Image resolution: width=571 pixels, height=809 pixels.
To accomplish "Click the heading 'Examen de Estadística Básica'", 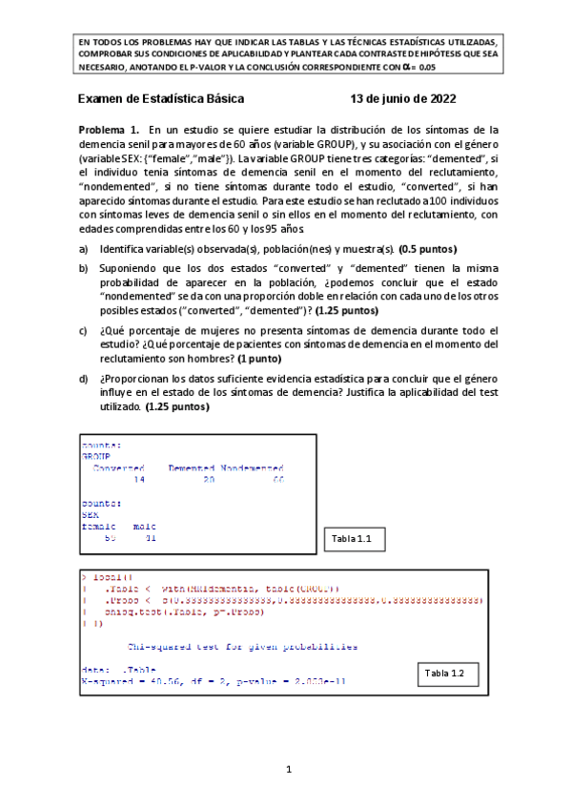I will [x=160, y=99].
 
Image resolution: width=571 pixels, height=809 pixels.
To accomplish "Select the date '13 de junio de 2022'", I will [x=403, y=99].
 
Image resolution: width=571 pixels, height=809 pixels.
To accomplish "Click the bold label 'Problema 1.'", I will [x=109, y=129].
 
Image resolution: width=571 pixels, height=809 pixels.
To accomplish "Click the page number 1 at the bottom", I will [x=285, y=768].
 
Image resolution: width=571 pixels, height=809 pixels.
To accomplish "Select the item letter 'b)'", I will [x=83, y=270].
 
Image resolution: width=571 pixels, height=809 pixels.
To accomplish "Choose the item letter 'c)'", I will [x=83, y=330].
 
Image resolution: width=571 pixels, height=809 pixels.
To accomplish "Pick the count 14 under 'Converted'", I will [x=139, y=480].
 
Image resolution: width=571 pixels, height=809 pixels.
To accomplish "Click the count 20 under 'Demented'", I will [x=209, y=480].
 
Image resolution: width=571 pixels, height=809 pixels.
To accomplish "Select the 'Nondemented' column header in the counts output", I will [x=252, y=467].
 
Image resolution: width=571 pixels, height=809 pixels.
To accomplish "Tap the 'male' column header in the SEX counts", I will [x=145, y=526].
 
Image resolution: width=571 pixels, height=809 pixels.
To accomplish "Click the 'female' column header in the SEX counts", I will [x=99, y=526].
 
